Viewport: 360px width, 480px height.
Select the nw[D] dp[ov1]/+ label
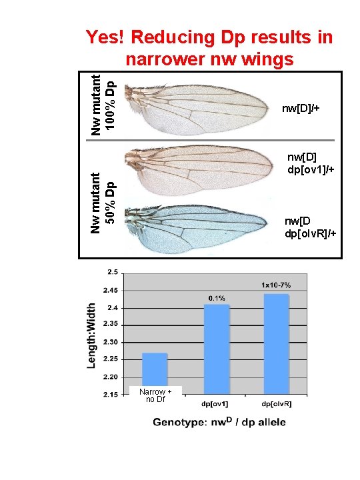(x=309, y=163)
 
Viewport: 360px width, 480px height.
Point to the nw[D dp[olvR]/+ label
(x=310, y=227)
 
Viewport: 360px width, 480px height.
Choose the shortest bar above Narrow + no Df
(x=155, y=369)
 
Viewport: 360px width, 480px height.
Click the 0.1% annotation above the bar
(x=217, y=298)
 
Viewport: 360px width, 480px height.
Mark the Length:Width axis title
(x=93, y=333)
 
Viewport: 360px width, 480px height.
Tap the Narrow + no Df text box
(x=155, y=395)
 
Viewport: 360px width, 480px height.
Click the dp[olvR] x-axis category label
(x=276, y=405)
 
